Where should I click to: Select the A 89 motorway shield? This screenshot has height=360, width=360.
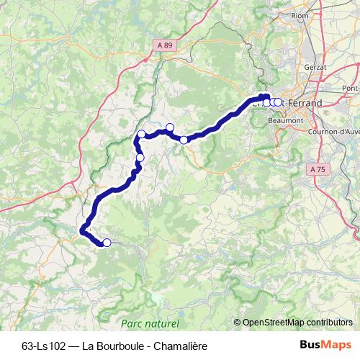tap(165, 45)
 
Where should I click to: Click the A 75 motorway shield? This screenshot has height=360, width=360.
tap(317, 168)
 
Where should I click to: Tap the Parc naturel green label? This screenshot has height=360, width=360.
tap(150, 324)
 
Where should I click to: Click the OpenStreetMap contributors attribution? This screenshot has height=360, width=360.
tap(297, 323)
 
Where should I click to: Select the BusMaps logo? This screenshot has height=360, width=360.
tap(326, 344)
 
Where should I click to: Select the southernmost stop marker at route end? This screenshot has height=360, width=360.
tap(107, 243)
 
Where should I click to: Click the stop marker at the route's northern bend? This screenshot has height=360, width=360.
tap(142, 134)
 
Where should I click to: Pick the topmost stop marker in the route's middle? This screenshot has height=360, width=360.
tap(170, 127)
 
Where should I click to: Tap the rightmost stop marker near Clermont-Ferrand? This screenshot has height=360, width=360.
tap(279, 102)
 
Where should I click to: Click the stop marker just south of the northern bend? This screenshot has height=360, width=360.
tap(140, 157)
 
